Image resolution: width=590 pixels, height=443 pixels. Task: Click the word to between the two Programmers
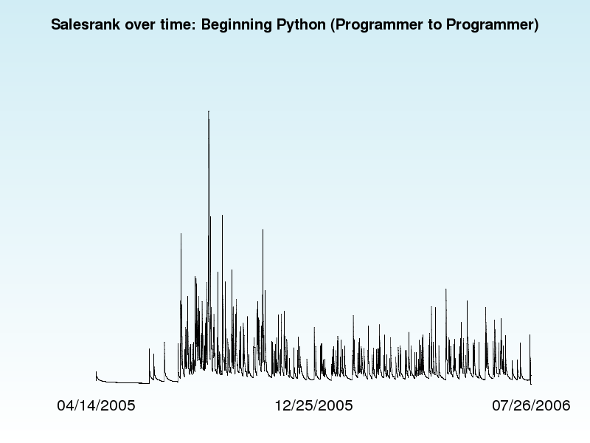pos(434,25)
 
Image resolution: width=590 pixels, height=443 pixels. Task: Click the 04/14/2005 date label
pos(96,405)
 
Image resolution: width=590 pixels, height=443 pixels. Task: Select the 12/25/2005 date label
pos(314,405)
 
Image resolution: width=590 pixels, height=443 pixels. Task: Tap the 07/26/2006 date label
pos(531,405)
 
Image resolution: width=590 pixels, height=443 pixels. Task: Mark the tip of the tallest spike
pos(209,111)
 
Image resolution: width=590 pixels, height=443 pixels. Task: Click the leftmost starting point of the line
pos(96,372)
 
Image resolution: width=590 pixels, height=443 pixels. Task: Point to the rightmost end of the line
pos(531,384)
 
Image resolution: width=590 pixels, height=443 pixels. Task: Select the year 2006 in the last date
pos(555,405)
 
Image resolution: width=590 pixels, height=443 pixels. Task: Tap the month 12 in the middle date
pos(282,405)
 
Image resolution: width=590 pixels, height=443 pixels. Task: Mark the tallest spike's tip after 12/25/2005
pos(446,289)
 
